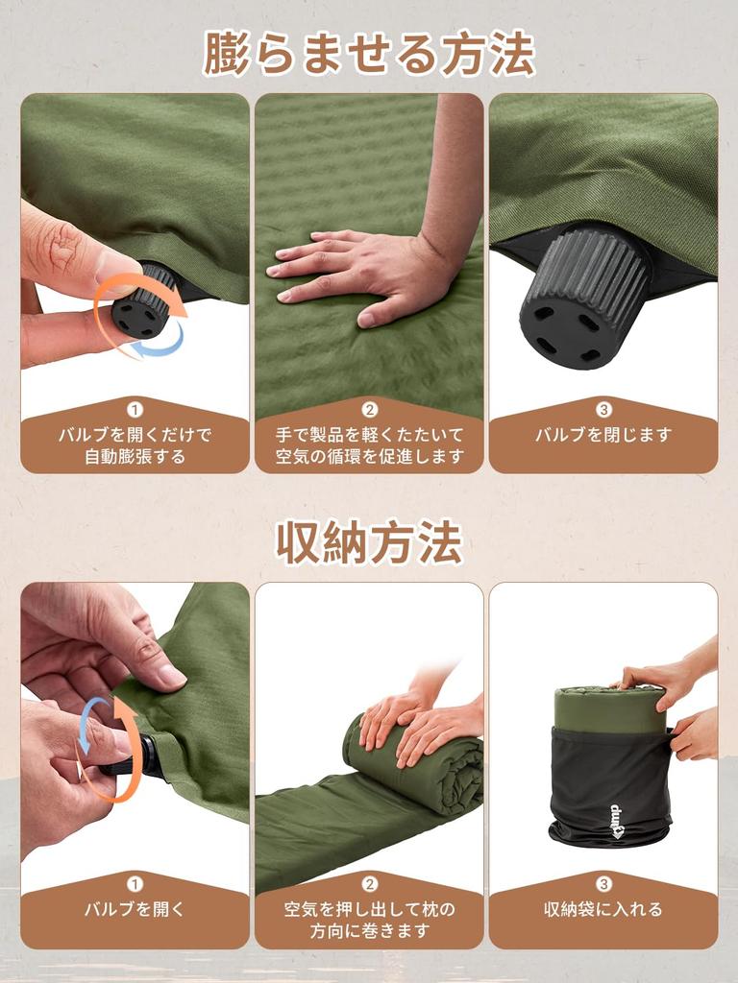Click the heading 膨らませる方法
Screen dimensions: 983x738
coord(369,53)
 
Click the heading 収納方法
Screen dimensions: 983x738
coord(369,543)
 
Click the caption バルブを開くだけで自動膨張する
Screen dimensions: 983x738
coord(135,445)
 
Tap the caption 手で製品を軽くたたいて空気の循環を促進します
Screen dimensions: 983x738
coord(369,445)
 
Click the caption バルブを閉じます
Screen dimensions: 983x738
coord(603,435)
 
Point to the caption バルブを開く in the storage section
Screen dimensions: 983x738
coord(135,909)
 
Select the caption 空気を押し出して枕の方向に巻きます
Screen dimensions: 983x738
coord(369,920)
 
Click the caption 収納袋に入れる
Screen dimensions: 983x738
coord(603,909)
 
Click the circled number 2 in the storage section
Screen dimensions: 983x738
coord(369,884)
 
